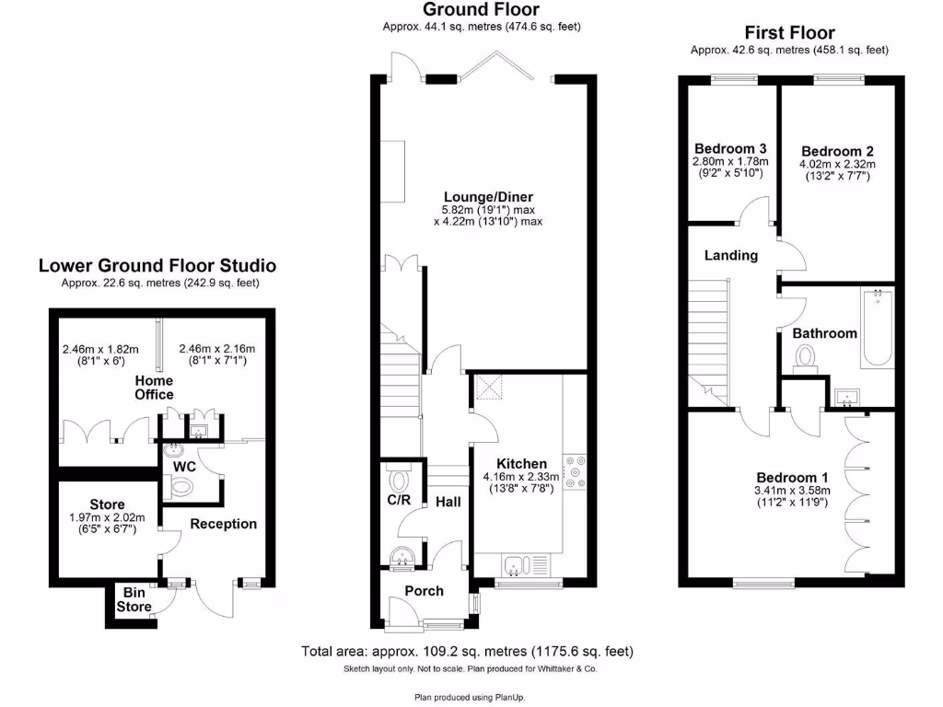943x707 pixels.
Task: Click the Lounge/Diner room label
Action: click(x=488, y=197)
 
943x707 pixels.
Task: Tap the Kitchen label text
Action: click(x=521, y=463)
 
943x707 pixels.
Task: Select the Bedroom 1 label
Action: click(x=792, y=478)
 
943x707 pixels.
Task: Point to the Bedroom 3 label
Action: click(x=730, y=148)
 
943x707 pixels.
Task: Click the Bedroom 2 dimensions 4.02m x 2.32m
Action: click(x=837, y=165)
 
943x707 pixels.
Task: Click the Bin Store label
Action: click(x=134, y=600)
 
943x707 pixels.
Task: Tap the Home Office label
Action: click(x=154, y=388)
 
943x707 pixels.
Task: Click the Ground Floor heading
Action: click(x=481, y=10)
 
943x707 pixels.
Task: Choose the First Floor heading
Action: click(x=789, y=32)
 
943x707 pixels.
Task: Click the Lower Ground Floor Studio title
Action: click(x=157, y=266)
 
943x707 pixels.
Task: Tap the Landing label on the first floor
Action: click(x=731, y=255)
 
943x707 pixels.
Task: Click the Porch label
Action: click(x=424, y=591)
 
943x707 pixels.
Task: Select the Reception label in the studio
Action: click(x=223, y=524)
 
